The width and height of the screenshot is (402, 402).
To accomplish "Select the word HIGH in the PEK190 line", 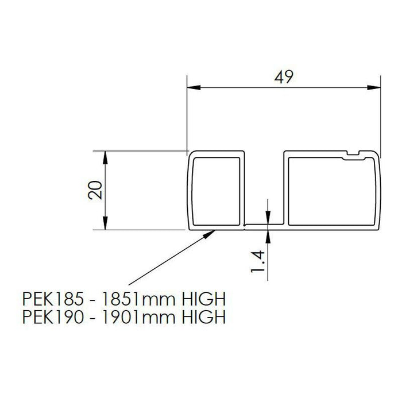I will coord(202,317).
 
